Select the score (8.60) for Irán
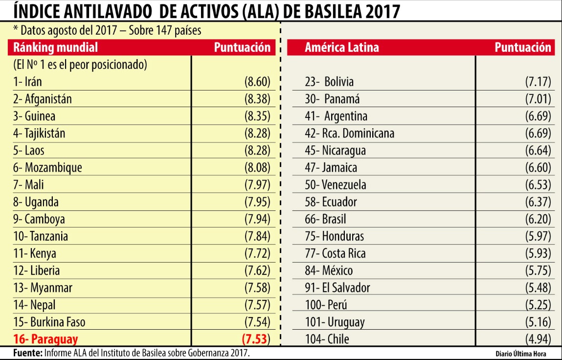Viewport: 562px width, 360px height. pos(257,82)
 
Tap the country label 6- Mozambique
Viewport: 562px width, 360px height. pos(47,168)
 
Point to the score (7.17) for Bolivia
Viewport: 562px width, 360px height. pos(538,82)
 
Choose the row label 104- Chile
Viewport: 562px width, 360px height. pos(327,339)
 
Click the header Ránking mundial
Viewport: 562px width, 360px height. pos(55,47)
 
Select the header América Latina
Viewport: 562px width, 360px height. pos(341,47)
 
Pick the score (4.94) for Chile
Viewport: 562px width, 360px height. pos(538,339)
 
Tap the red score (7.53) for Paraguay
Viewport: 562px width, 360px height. pos(256,339)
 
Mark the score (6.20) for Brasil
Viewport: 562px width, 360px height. pos(538,219)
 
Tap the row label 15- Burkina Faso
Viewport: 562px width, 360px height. pos(51,322)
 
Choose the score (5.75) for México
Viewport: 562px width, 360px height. pos(538,270)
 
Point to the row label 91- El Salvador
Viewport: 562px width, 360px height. pos(337,288)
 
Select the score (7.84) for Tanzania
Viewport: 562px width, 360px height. pos(257,236)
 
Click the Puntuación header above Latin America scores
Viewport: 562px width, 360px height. pos(522,47)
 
